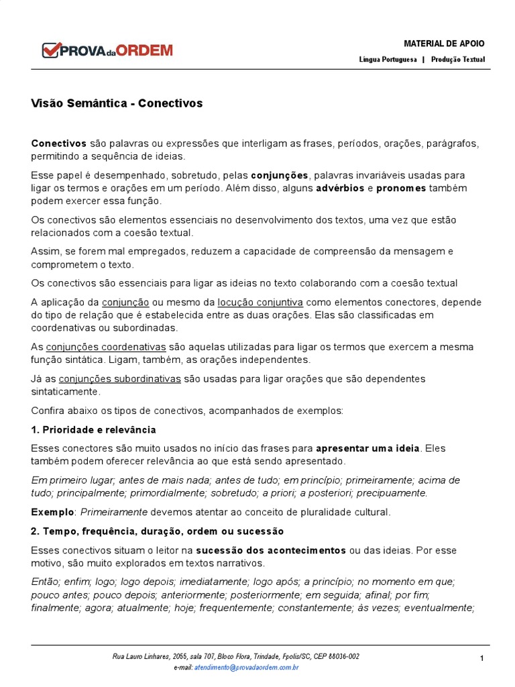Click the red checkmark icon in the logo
[50, 50]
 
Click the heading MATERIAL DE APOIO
[444, 44]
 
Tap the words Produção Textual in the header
[458, 60]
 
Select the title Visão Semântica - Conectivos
[117, 103]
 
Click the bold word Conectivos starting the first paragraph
[59, 144]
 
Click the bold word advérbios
[339, 188]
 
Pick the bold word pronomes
[401, 188]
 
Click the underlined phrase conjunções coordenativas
[106, 347]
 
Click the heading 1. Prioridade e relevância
[93, 429]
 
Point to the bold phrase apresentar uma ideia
[367, 448]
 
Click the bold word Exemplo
[52, 512]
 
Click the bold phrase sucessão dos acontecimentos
[271, 550]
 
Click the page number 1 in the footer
[481, 659]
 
